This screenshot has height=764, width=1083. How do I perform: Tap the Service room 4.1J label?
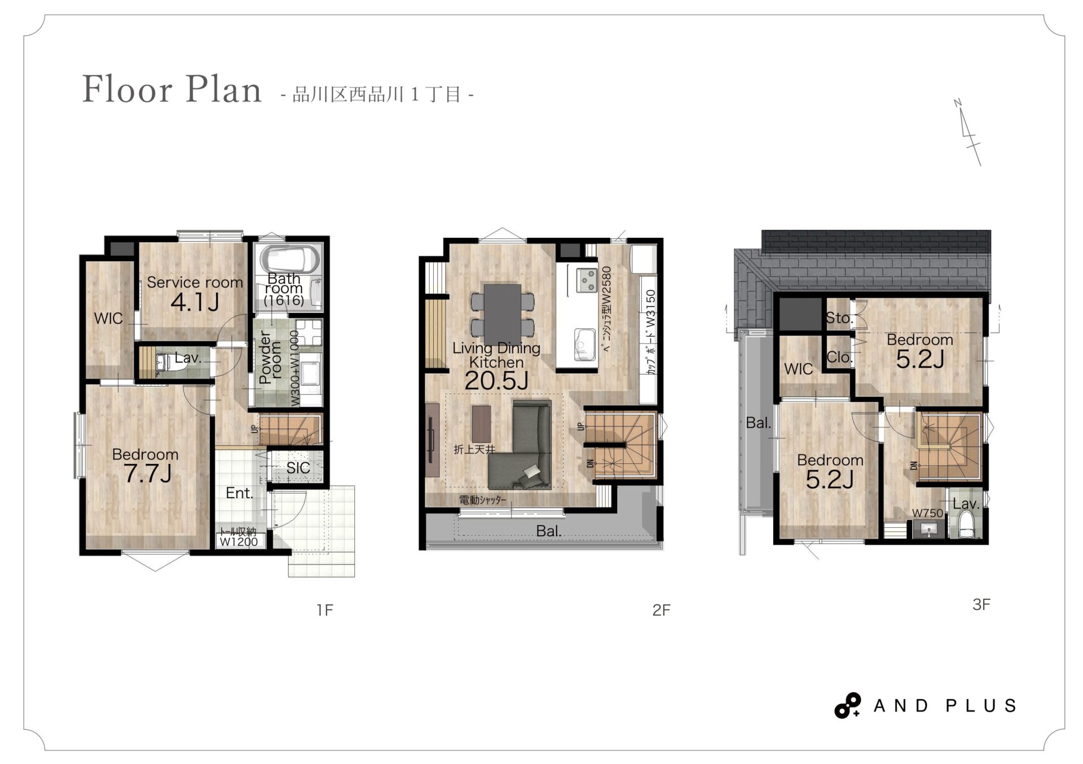tap(195, 293)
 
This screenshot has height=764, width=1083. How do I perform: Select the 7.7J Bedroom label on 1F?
tap(146, 466)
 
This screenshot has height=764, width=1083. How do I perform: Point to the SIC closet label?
tap(298, 467)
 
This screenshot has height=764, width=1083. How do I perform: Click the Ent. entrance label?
tap(239, 493)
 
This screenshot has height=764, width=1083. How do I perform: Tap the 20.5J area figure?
tap(496, 382)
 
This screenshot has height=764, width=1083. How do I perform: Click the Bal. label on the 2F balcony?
tap(549, 531)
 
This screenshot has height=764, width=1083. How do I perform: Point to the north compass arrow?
tap(968, 133)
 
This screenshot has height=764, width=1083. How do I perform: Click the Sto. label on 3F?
tap(839, 318)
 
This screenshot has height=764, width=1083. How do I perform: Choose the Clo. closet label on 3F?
tap(839, 357)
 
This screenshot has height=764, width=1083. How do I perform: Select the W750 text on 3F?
tap(927, 513)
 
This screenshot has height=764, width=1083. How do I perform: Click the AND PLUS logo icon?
tap(848, 705)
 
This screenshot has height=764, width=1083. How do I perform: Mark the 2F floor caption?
tap(661, 610)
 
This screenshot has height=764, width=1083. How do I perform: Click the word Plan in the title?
tap(223, 89)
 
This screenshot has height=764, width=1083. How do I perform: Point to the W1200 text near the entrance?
tap(239, 542)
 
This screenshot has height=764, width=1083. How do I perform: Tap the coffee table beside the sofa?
tap(481, 424)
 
